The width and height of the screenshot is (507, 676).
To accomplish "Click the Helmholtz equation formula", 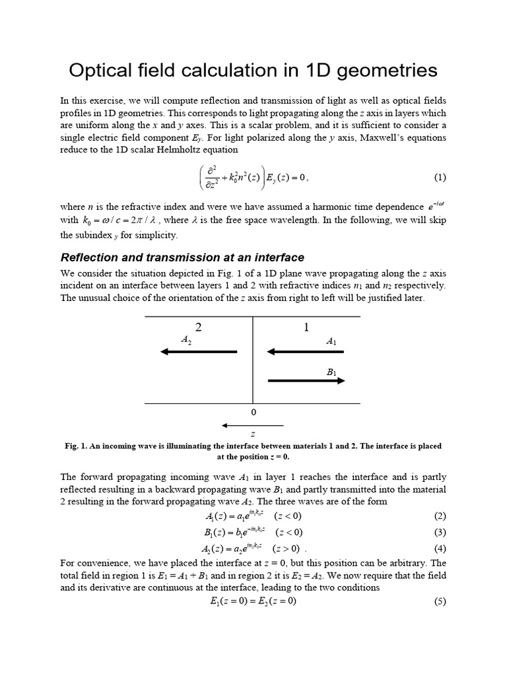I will [x=253, y=178].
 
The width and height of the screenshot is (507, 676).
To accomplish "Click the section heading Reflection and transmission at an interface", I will [x=182, y=257].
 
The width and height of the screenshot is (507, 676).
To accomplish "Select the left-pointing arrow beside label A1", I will [x=306, y=352].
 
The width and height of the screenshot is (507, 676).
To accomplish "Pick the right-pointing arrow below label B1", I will [x=306, y=381].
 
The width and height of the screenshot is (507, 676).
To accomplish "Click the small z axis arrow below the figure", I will [x=253, y=424].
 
